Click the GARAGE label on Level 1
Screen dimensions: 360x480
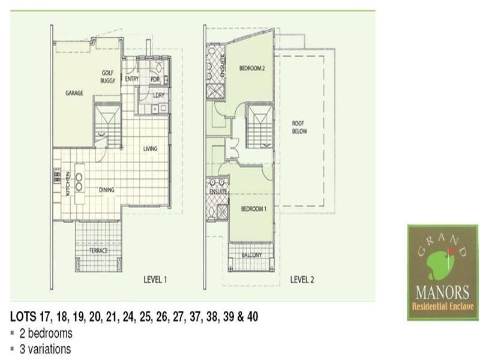coord(74,93)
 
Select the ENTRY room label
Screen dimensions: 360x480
coord(131,79)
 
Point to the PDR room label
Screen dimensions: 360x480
coord(154,79)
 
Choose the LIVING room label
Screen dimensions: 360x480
coord(150,148)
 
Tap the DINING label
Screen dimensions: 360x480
coord(107,190)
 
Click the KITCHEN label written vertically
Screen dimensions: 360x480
coord(68,184)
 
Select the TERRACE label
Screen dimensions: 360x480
coord(98,250)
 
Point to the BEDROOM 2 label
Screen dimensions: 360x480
coord(252,68)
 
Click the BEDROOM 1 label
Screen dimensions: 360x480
coord(253,208)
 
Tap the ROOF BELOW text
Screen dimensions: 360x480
coord(298,126)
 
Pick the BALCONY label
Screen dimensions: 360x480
coord(252,255)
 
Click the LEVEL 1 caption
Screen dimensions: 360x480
coord(155,279)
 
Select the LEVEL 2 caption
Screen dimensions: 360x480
coord(302,279)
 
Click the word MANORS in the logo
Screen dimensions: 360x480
coord(442,293)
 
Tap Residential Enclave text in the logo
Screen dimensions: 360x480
coord(442,307)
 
